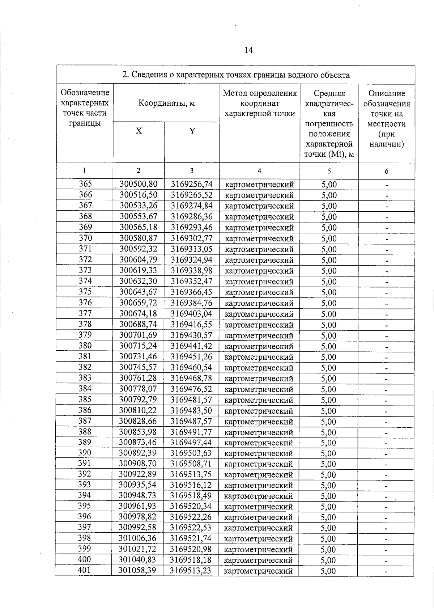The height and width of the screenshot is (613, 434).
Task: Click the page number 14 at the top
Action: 248,50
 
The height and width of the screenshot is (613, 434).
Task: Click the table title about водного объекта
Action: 236,75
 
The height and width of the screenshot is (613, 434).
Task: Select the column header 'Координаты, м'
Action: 166,103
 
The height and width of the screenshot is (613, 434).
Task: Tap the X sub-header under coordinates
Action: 139,131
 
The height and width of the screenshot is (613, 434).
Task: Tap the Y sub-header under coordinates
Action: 192,131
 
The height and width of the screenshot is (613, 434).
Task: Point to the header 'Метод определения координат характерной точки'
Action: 260,103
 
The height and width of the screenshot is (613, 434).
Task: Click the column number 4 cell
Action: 259,171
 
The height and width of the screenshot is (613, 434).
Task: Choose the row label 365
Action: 85,184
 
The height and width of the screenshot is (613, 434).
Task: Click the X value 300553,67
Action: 139,216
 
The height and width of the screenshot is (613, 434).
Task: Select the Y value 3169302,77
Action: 192,238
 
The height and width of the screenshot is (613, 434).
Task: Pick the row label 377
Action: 85,313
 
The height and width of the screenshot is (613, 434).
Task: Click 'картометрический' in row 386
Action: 259,411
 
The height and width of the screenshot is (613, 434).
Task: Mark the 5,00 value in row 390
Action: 328,454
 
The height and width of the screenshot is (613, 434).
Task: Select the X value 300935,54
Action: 138,485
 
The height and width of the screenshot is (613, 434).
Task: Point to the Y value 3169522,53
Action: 191,528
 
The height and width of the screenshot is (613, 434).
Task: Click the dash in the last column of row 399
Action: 386,550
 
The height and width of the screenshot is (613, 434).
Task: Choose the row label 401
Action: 85,571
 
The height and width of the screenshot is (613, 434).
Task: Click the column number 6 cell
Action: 386,171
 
